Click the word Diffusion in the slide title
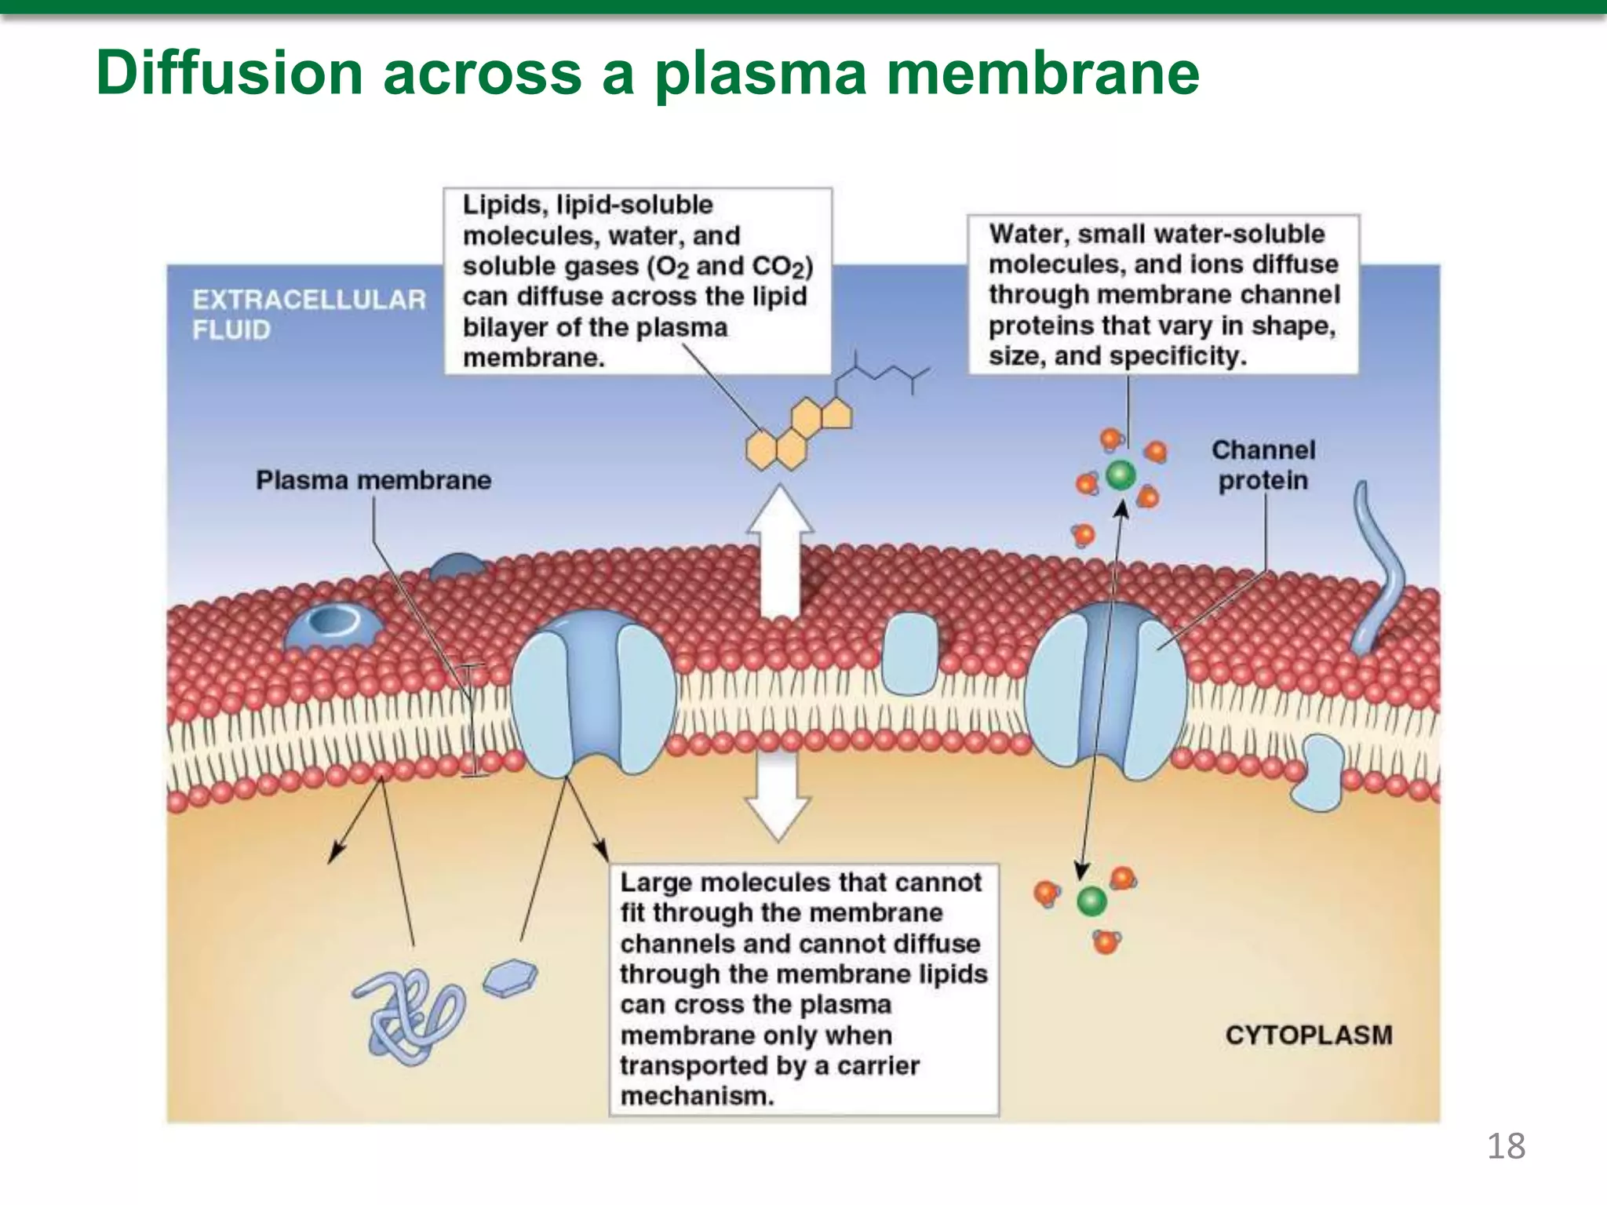(229, 73)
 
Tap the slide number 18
(1505, 1146)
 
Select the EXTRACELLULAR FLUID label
(308, 314)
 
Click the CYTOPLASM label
(1308, 1035)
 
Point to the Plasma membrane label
(374, 480)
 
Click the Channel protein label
(1263, 465)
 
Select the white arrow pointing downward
(778, 792)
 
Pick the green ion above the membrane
(1121, 474)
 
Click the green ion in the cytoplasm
(1091, 901)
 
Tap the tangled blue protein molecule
(406, 1014)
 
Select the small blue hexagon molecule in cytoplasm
(510, 978)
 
